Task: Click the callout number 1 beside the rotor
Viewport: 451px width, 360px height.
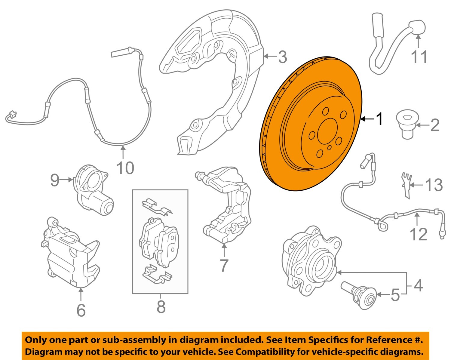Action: (380, 119)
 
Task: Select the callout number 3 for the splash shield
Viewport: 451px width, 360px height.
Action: (282, 57)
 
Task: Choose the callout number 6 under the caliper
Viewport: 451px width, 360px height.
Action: (81, 310)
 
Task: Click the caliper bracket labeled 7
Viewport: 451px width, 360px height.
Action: (228, 208)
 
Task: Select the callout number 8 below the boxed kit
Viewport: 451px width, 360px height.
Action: (161, 307)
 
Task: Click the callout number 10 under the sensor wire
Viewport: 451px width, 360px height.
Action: (125, 168)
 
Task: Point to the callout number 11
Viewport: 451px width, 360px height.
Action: (419, 57)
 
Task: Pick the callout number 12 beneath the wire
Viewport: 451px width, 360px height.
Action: (418, 234)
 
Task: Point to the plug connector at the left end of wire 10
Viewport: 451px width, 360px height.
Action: (11, 115)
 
